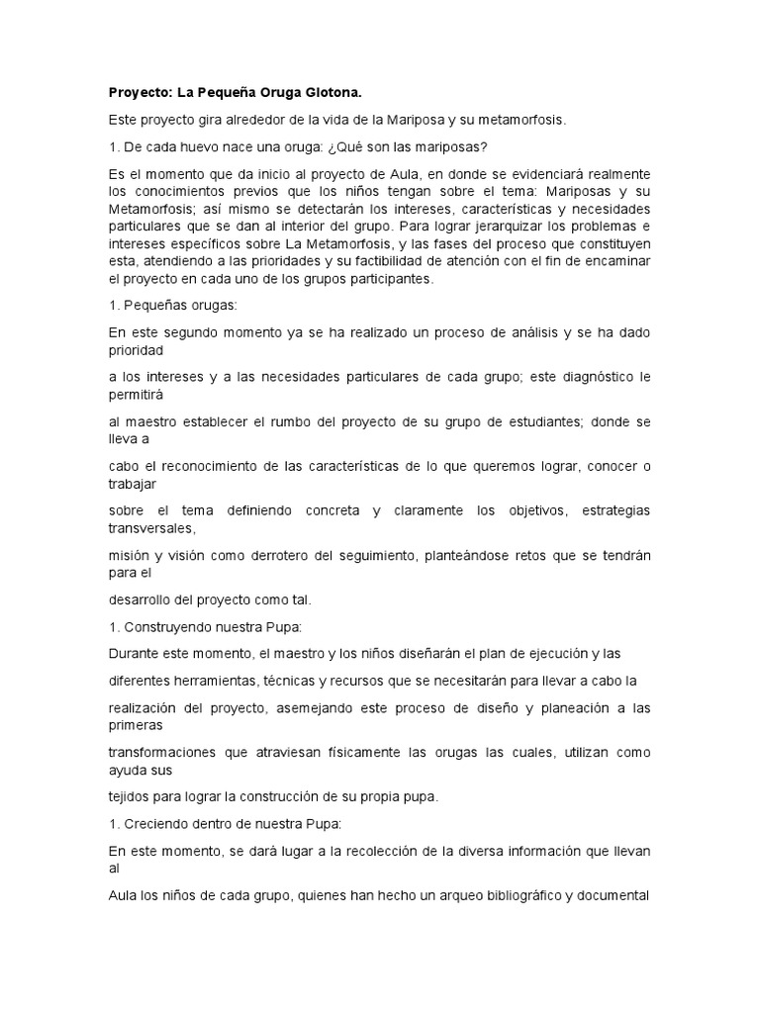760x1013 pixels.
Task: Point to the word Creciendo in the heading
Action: pyautogui.click(x=153, y=824)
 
